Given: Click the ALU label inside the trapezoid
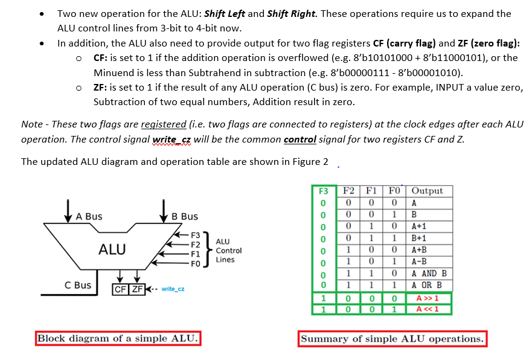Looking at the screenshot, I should point(112,248).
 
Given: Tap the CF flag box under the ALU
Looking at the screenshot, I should point(121,289).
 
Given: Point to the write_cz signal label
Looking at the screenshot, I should point(173,289).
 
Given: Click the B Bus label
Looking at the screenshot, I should point(184,216).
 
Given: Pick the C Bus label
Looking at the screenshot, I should point(78,285).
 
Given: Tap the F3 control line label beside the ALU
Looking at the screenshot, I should point(195,234).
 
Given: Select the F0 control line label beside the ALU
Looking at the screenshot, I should point(195,264).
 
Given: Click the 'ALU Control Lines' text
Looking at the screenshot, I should point(228,250).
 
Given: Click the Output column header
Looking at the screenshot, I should point(427,191).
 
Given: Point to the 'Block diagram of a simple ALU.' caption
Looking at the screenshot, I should point(118,338).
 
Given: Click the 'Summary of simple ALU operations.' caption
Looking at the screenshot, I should point(393,338).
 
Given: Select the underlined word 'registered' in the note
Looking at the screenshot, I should point(163,124).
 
